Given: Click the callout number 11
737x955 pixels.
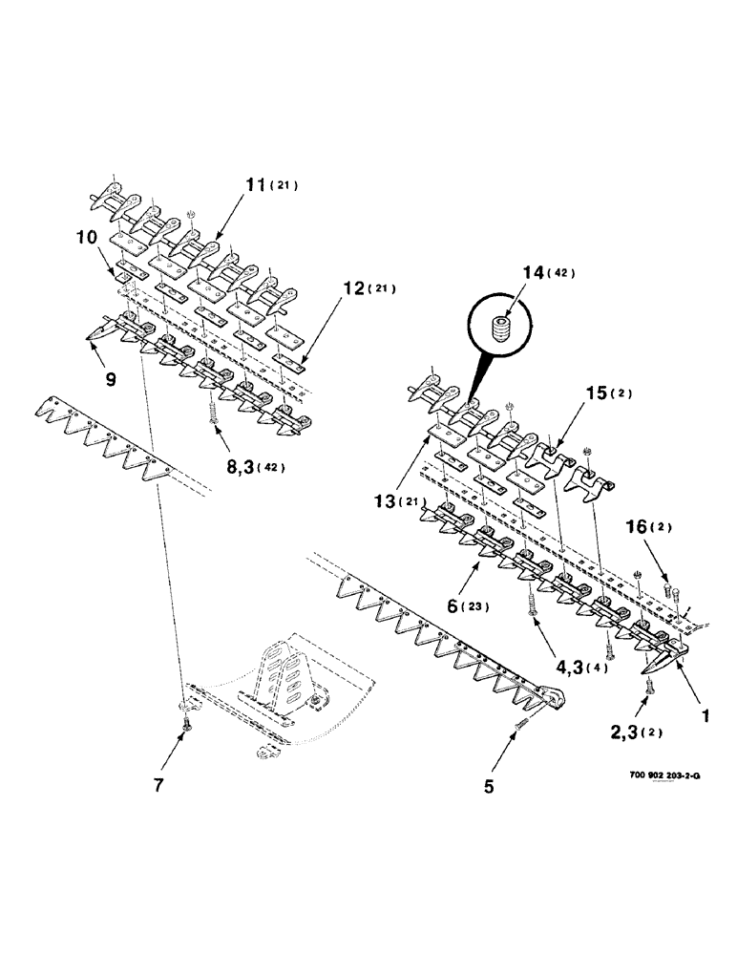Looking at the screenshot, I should pos(253,184).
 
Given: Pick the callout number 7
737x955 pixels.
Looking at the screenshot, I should pos(158,785).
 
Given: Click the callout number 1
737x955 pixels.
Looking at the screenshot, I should pos(705,712).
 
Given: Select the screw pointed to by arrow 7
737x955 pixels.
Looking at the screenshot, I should pos(186,729).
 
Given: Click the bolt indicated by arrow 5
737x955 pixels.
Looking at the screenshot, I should pos(521,728).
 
